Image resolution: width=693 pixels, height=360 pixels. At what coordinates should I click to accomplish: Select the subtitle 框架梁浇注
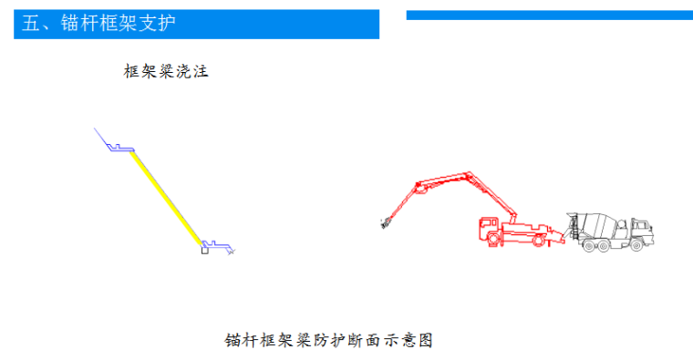click(x=166, y=70)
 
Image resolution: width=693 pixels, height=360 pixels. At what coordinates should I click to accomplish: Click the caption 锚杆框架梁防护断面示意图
click(x=327, y=341)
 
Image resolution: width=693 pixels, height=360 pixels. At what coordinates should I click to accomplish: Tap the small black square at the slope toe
click(x=205, y=250)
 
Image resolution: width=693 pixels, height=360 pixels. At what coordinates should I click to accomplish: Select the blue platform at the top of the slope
click(x=121, y=148)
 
